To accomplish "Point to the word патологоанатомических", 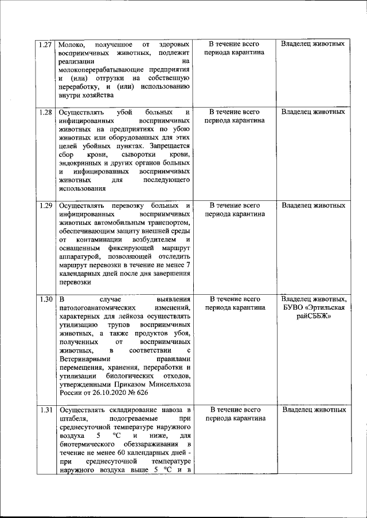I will (x=98, y=308).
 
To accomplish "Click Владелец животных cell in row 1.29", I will (x=314, y=205).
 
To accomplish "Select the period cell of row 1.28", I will (x=234, y=116).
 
